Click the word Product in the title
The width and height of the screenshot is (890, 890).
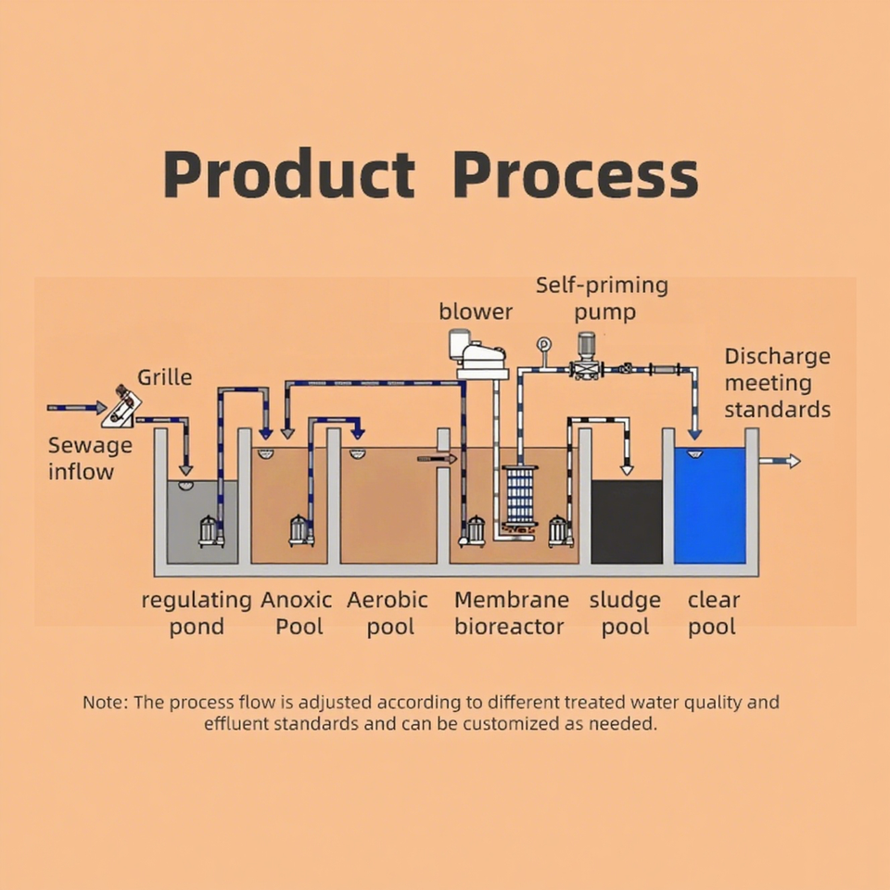tap(288, 173)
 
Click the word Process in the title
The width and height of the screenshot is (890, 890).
tap(576, 173)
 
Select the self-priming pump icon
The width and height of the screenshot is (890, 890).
tap(585, 358)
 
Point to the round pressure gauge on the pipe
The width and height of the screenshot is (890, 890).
tap(543, 345)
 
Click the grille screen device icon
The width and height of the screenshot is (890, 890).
tap(121, 407)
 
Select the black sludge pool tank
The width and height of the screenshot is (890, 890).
tap(627, 521)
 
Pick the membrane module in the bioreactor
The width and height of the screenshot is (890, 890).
tap(521, 497)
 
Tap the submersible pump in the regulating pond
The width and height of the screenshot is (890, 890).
tap(211, 531)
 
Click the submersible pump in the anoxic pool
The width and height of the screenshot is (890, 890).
tap(300, 530)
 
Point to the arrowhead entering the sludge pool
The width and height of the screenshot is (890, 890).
tap(628, 469)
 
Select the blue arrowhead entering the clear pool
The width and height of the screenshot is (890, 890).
tap(694, 433)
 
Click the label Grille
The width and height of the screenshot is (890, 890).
tap(165, 377)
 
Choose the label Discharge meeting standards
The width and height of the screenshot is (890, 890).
tap(777, 383)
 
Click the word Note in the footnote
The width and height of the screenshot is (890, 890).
tap(103, 702)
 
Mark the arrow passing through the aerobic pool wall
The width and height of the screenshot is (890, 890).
tap(436, 458)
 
